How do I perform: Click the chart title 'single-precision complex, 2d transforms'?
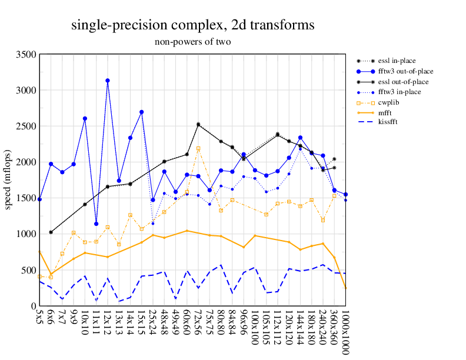click(x=192, y=25)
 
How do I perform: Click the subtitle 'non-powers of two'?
click(x=192, y=42)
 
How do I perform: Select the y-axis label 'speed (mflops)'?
click(x=9, y=180)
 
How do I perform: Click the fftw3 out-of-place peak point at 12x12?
click(x=108, y=81)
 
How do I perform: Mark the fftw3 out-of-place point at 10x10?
click(x=85, y=119)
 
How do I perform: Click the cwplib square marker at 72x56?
click(x=198, y=148)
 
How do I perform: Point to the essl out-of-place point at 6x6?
click(x=51, y=232)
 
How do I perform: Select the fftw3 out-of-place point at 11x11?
click(x=96, y=224)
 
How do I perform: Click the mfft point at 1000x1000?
click(x=345, y=288)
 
